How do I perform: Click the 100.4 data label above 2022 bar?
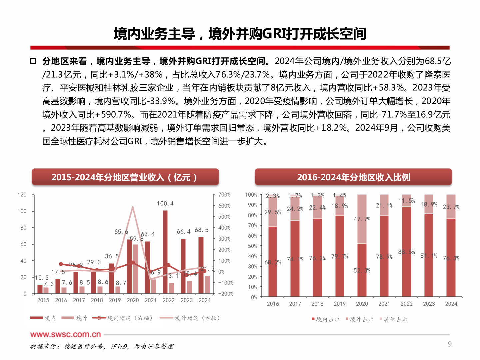pyautogui.click(x=165, y=203)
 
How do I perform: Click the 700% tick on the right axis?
pyautogui.click(x=224, y=195)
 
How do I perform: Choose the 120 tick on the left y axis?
pyautogui.click(x=22, y=195)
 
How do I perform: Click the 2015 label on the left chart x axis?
pyautogui.click(x=43, y=300)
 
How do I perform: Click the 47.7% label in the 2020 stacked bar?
pyautogui.click(x=362, y=219)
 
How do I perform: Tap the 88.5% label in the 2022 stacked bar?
pyautogui.click(x=406, y=252)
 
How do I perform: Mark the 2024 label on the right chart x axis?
pyautogui.click(x=451, y=304)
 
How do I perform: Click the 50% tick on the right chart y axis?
pyautogui.click(x=252, y=246)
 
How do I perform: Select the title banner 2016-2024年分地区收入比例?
pyautogui.click(x=353, y=177)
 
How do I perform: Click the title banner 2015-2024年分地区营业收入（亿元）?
pyautogui.click(x=125, y=177)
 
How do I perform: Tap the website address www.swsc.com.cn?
pyautogui.click(x=65, y=334)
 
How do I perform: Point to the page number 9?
pyautogui.click(x=450, y=344)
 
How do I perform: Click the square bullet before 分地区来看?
pyautogui.click(x=33, y=61)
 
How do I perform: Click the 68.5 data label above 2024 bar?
pyautogui.click(x=201, y=230)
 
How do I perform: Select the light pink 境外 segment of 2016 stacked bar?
pyautogui.click(x=273, y=212)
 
